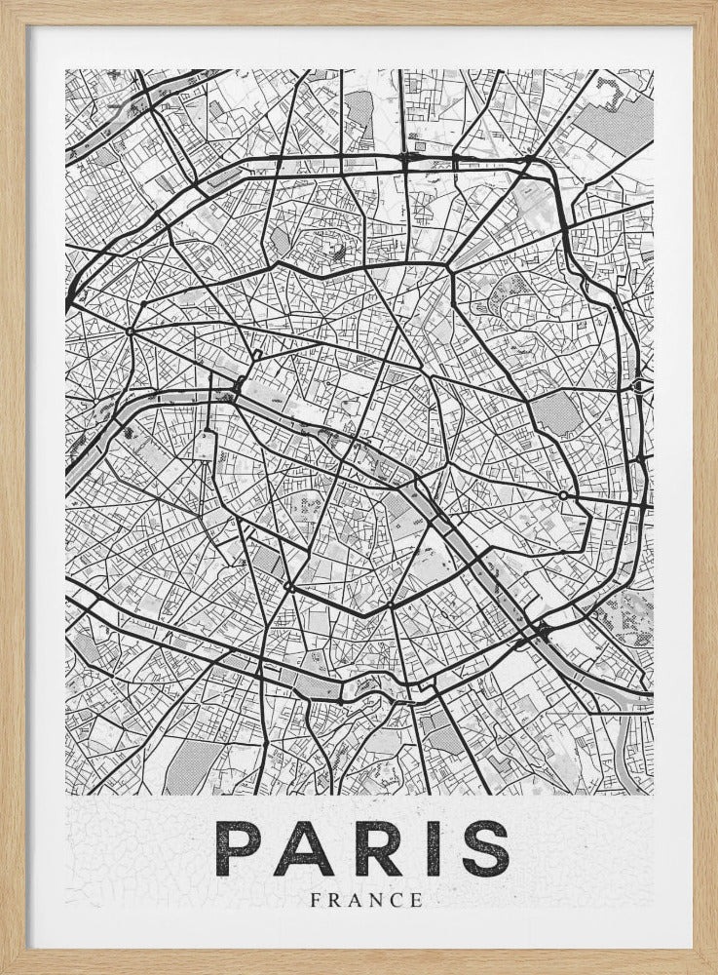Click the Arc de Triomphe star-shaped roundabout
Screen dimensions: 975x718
coord(129,331)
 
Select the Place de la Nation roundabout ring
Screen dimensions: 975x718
coord(563,496)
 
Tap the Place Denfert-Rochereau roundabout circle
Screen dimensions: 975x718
coord(289,587)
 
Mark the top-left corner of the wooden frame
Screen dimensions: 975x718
coord(3,3)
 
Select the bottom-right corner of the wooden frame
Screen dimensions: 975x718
coord(714,971)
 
